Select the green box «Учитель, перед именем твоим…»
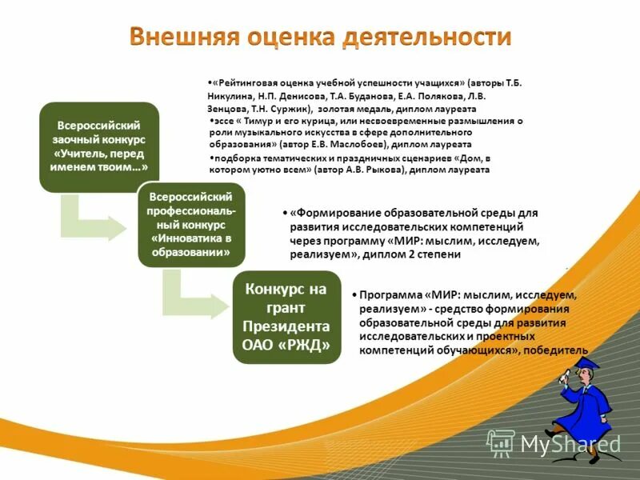tap(99, 146)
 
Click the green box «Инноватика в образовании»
tap(191, 224)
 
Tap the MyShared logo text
tap(569, 443)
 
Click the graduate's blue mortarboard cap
tap(588, 364)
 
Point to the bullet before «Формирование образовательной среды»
tap(285, 214)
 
